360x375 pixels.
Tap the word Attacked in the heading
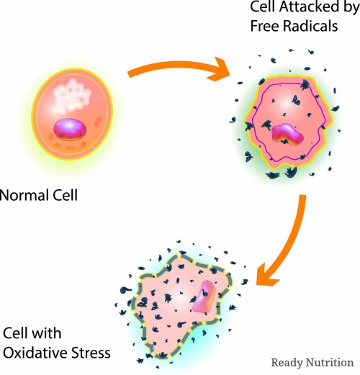pyautogui.click(x=309, y=6)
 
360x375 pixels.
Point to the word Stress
pyautogui.click(x=88, y=353)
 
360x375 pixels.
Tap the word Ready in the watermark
pyautogui.click(x=287, y=363)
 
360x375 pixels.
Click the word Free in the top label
pyautogui.click(x=264, y=25)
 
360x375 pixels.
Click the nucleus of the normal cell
pyautogui.click(x=70, y=130)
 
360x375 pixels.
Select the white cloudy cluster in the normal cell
pyautogui.click(x=71, y=96)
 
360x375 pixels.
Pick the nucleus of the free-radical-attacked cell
pyautogui.click(x=288, y=135)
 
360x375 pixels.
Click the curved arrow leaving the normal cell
pyautogui.click(x=178, y=65)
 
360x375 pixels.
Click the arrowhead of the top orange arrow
pyautogui.click(x=219, y=69)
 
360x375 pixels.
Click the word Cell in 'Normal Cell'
pyautogui.click(x=66, y=195)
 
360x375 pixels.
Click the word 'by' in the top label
pyautogui.click(x=351, y=8)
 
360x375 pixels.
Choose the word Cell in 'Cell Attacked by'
pyautogui.click(x=263, y=6)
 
